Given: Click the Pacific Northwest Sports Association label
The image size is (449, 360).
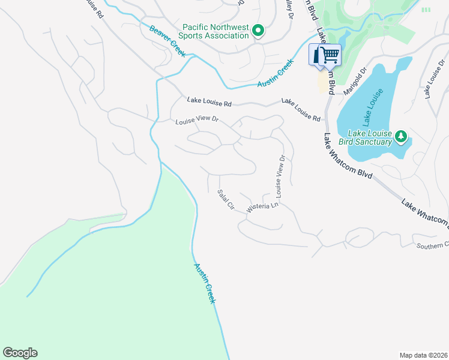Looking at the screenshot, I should click(216, 31).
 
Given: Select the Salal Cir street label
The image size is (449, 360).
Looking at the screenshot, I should click(225, 200).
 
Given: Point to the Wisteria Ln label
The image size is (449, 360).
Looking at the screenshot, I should click(264, 205).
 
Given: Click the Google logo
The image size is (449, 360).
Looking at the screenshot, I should click(20, 353).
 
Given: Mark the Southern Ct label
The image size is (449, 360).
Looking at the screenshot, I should click(433, 245).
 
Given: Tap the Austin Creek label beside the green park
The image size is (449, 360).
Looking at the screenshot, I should click(203, 283).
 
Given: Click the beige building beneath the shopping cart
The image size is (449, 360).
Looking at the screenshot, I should click(324, 82).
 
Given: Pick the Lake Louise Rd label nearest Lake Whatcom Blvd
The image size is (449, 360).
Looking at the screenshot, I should click(301, 110).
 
